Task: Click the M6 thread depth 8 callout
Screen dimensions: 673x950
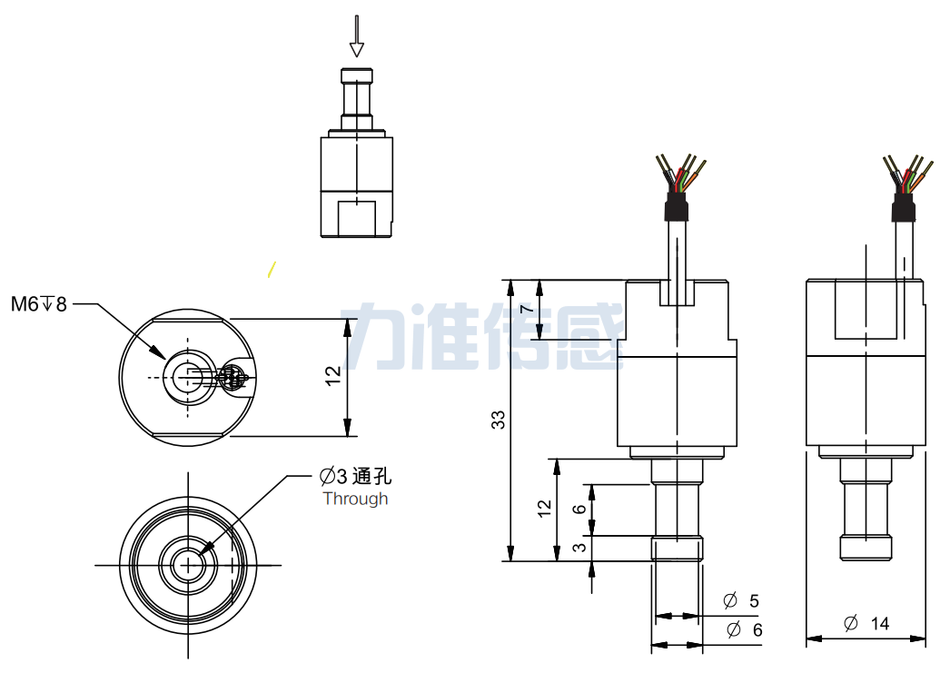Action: point(39,304)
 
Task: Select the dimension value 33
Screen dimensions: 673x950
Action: point(498,420)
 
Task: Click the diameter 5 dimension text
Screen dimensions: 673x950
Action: point(740,600)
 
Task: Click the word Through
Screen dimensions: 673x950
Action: point(355,499)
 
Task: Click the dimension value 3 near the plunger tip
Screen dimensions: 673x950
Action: point(579,548)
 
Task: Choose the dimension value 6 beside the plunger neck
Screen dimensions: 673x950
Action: point(579,510)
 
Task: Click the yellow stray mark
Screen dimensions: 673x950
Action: point(270,269)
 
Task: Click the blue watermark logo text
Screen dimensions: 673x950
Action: point(481,337)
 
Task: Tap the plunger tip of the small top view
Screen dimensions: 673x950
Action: point(357,74)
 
